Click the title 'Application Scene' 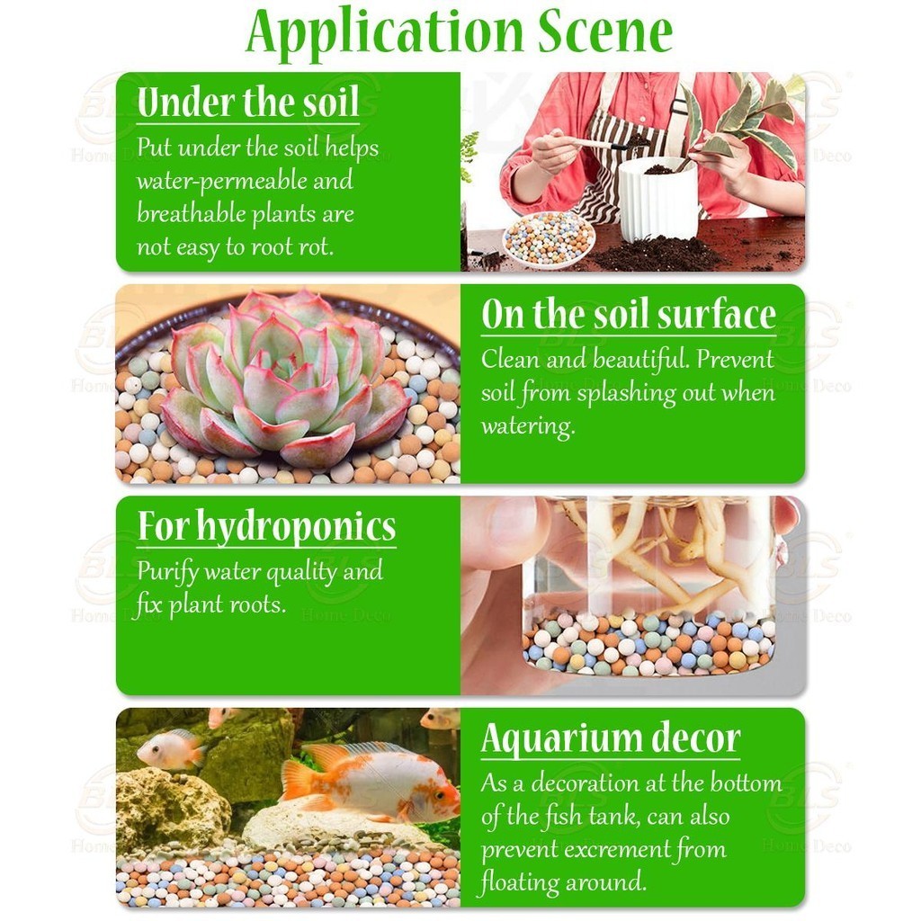tap(460, 32)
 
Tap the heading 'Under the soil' tap(248, 103)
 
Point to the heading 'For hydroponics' tap(266, 526)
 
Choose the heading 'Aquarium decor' tap(611, 738)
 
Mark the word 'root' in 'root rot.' tap(273, 247)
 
